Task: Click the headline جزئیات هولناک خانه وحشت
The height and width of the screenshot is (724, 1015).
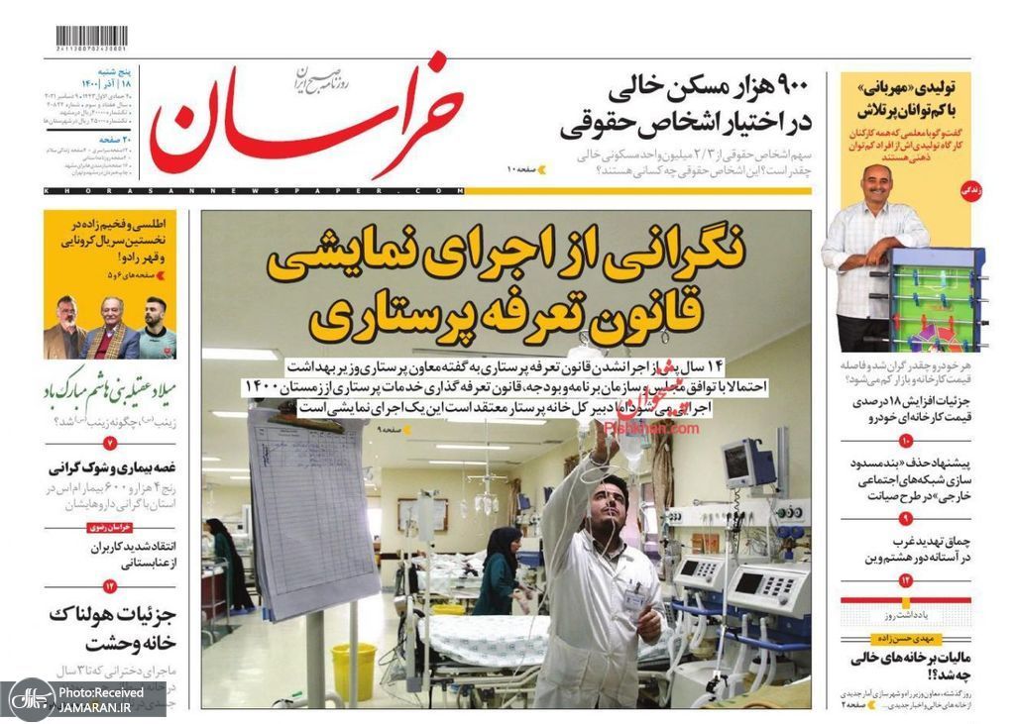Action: [109, 629]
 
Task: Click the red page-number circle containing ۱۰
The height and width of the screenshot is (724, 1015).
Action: [905, 442]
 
